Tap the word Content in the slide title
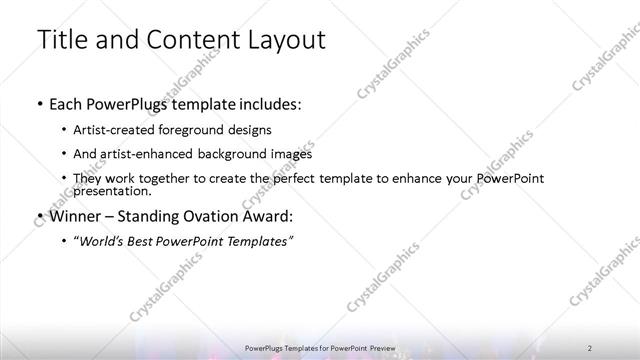click(x=188, y=40)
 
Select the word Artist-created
click(x=116, y=130)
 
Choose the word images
click(x=290, y=154)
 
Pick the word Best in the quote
click(x=151, y=241)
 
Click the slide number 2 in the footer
click(x=591, y=346)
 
